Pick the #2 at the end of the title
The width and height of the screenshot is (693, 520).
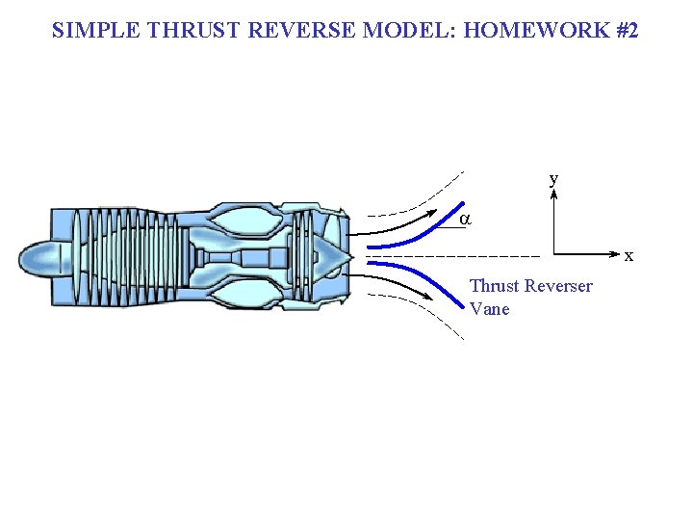626,30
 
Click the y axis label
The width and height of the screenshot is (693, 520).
553,179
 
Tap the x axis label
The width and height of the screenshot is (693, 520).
629,256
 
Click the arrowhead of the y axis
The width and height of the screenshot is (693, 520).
554,193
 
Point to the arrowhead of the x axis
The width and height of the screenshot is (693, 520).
616,254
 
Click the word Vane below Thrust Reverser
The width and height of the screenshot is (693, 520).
489,309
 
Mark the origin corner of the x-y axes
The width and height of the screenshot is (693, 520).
554,254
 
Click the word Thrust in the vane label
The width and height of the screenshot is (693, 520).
494,286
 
